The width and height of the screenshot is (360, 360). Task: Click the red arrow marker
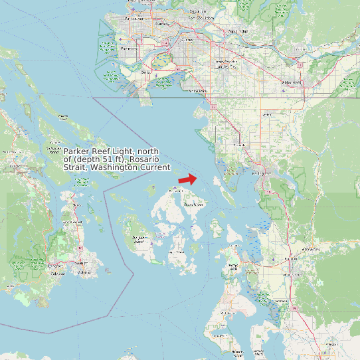[x=188, y=179]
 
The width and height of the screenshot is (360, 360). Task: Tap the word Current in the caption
[x=154, y=167]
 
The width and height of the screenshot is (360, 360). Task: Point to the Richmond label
[x=130, y=48]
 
